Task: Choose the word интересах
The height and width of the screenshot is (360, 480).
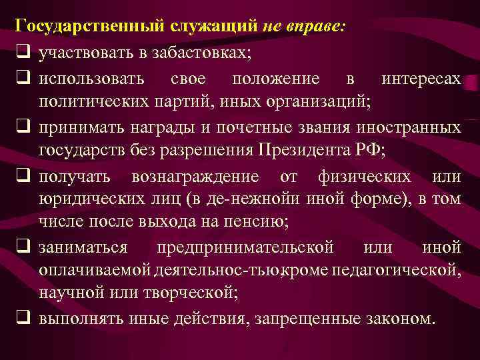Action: [x=421, y=79]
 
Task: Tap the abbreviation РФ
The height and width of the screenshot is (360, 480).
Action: [x=370, y=151]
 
